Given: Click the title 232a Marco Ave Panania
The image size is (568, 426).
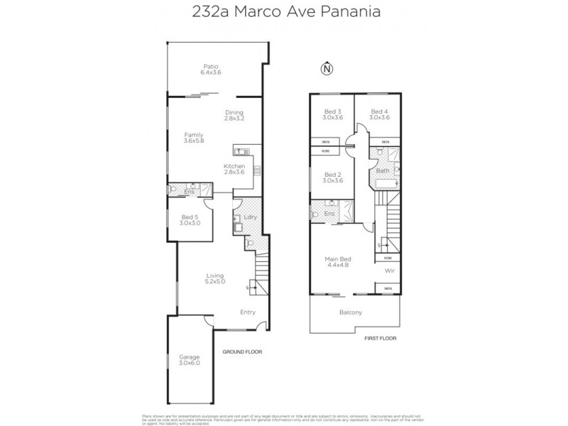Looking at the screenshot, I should pyautogui.click(x=284, y=12).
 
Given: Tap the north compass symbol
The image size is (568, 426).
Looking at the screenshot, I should pyautogui.click(x=327, y=69).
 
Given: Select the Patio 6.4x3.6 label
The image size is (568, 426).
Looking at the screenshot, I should pyautogui.click(x=212, y=70).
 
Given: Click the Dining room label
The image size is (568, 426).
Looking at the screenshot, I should pyautogui.click(x=234, y=115).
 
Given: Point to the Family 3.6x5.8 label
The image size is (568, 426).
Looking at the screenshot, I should pyautogui.click(x=194, y=138).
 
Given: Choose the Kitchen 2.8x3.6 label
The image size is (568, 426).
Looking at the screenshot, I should pyautogui.click(x=234, y=169).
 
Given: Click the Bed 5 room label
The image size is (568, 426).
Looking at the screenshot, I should pyautogui.click(x=190, y=219).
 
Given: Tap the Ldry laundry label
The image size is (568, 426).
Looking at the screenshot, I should pyautogui.click(x=249, y=217).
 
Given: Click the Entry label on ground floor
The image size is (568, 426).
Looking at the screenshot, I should pyautogui.click(x=247, y=312).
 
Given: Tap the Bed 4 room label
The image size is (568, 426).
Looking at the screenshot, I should pyautogui.click(x=379, y=114).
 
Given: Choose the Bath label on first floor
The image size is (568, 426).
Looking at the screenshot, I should pyautogui.click(x=382, y=171).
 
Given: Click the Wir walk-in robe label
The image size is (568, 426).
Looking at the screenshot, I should pyautogui.click(x=388, y=271).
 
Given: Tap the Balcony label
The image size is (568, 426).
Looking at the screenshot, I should pyautogui.click(x=351, y=312).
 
